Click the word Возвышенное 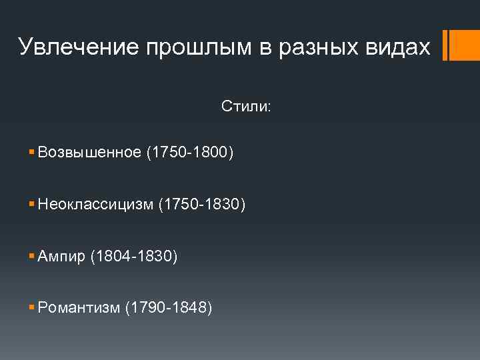[89, 153]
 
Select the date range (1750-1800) [190, 153]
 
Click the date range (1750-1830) [202, 205]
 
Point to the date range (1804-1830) [134, 256]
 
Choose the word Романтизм [79, 307]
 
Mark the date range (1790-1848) [169, 307]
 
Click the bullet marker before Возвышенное [33, 153]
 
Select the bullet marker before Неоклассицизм [33, 205]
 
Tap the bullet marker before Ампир [33, 256]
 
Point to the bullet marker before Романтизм [33, 307]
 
